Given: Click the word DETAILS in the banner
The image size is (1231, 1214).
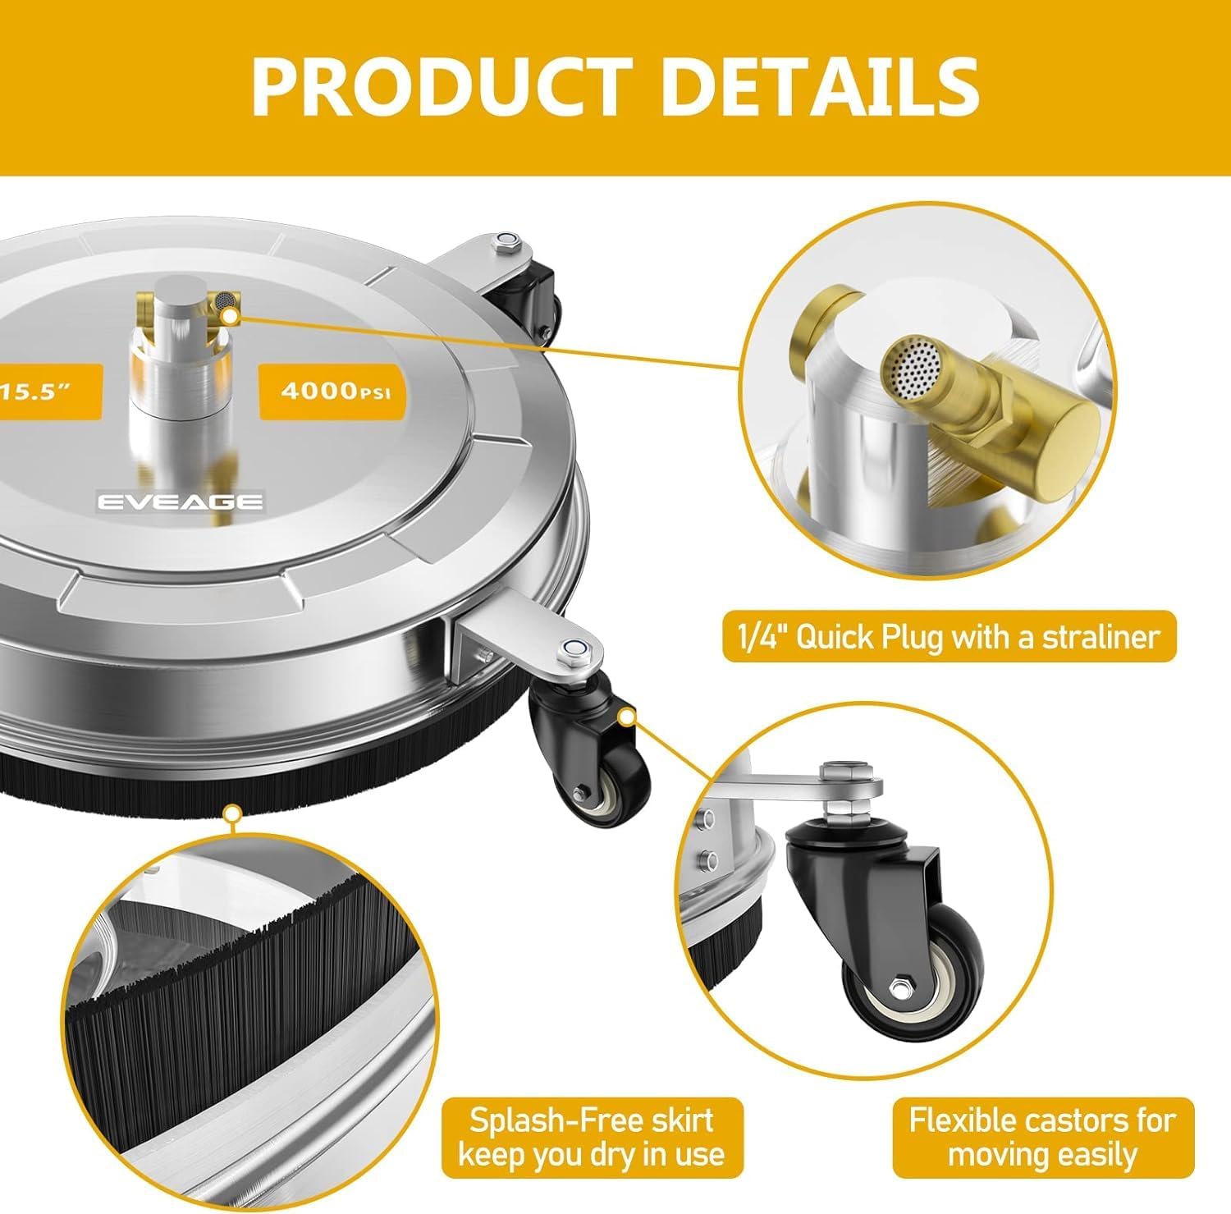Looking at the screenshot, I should click(820, 85).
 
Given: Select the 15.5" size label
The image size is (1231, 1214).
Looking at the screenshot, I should click(41, 392).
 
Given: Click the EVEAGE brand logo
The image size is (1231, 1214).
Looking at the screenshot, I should click(181, 502).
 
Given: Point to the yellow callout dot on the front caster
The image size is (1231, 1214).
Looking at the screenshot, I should click(627, 717).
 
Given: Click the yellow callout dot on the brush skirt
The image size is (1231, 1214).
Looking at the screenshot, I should click(233, 814).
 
